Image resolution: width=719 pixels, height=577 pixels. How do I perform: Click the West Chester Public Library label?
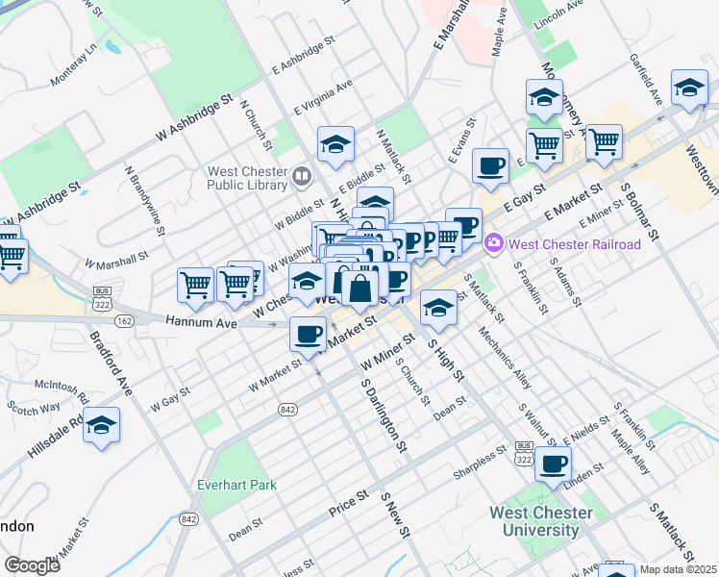(x=247, y=180)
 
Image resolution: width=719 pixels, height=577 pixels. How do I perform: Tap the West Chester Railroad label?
(x=574, y=244)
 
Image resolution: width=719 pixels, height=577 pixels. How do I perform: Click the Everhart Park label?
(x=236, y=485)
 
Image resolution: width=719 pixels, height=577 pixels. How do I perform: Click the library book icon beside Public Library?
(x=303, y=175)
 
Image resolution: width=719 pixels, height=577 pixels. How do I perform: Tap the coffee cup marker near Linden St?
(x=553, y=464)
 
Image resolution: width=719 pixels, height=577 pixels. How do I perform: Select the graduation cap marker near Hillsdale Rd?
(x=101, y=426)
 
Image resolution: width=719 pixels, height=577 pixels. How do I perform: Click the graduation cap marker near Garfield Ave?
(x=689, y=88)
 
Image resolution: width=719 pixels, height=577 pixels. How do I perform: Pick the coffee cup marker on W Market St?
(x=308, y=334)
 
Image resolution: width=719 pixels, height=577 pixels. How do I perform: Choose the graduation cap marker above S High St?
(x=438, y=308)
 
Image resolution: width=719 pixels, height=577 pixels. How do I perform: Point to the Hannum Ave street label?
(x=201, y=323)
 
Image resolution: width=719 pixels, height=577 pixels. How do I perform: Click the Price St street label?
(x=349, y=503)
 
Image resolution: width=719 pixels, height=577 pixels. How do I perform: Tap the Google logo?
(x=32, y=565)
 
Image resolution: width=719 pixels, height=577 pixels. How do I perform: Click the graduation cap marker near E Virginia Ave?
(x=335, y=145)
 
